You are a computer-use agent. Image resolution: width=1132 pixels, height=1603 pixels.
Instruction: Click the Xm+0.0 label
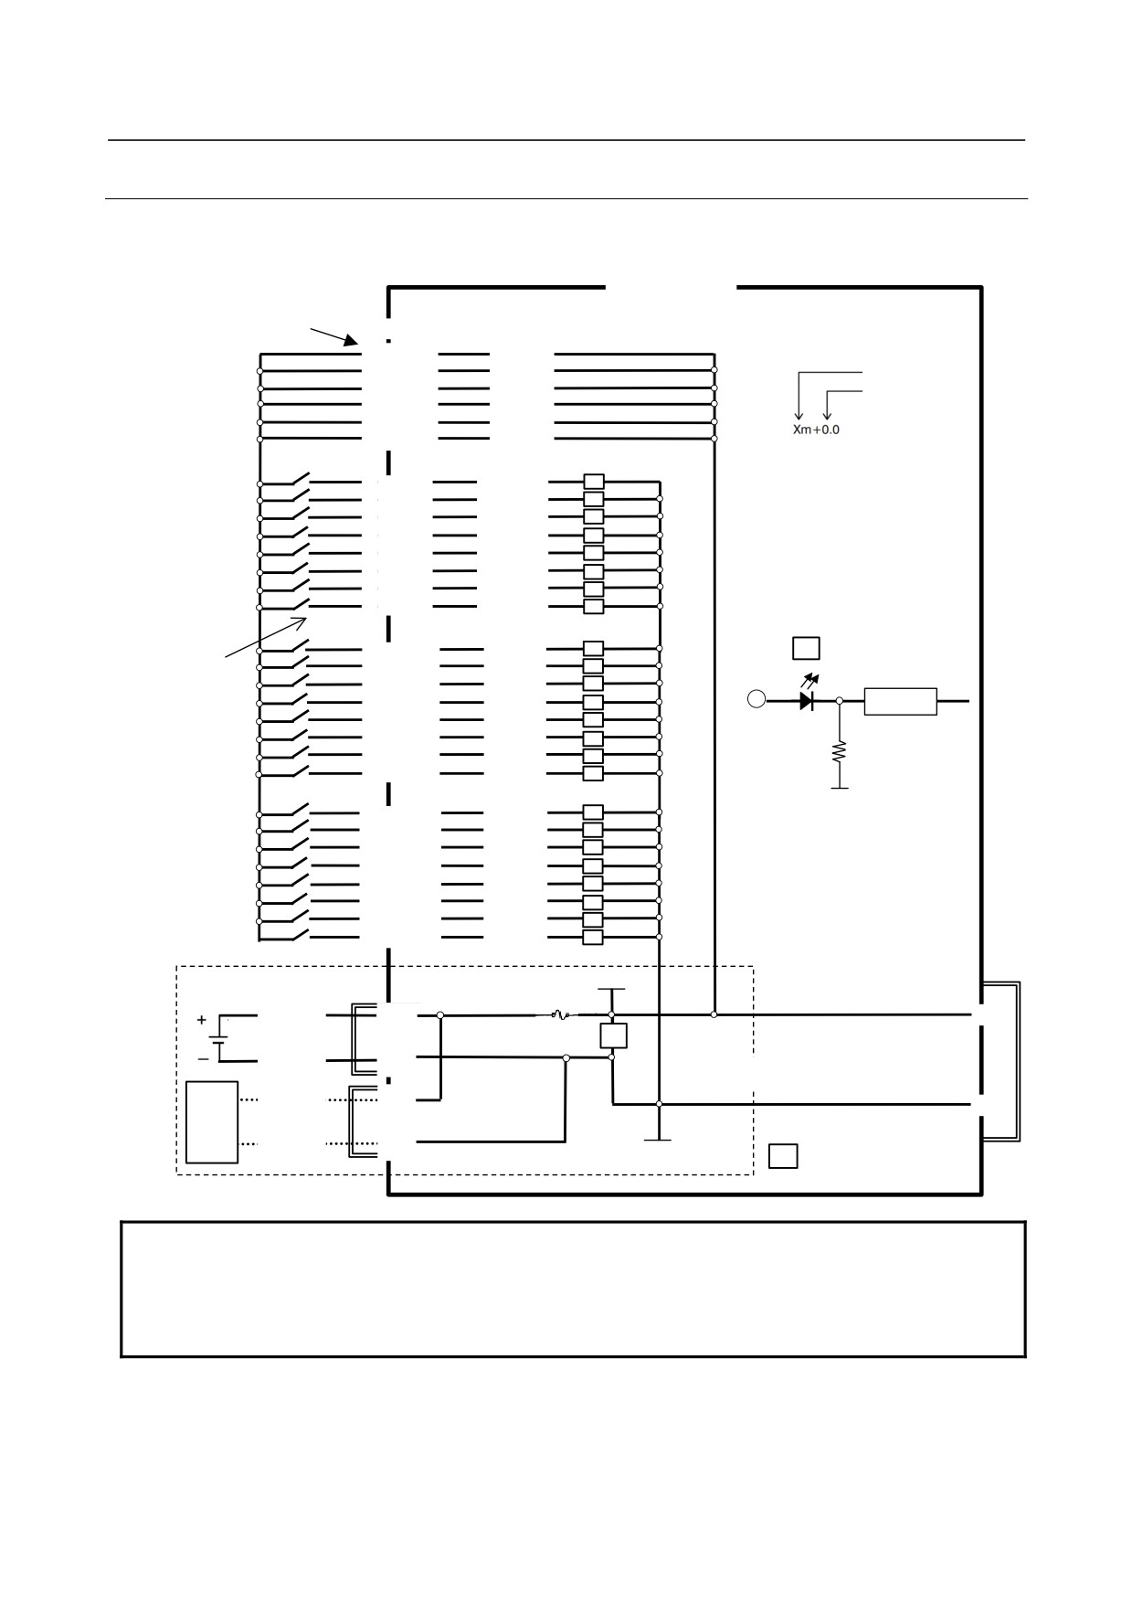(x=816, y=430)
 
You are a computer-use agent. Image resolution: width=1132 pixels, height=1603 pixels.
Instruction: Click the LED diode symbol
(x=806, y=701)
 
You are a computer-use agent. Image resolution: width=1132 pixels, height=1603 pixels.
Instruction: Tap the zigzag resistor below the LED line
(x=840, y=751)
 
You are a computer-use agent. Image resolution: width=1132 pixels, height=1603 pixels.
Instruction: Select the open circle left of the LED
(x=756, y=699)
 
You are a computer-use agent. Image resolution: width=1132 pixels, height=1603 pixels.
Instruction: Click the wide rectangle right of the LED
(x=900, y=701)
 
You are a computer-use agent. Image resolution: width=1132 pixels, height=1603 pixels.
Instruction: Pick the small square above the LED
(x=806, y=648)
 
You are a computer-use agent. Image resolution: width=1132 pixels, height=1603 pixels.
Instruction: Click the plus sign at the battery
(x=202, y=1020)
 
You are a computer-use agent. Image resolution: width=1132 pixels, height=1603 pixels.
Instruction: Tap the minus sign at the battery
(x=203, y=1059)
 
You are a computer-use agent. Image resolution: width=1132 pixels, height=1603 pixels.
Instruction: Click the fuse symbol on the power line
(x=560, y=1014)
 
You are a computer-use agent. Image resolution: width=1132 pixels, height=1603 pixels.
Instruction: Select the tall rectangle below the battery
(x=212, y=1122)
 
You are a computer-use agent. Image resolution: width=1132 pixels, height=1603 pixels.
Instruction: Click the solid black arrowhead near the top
(x=351, y=341)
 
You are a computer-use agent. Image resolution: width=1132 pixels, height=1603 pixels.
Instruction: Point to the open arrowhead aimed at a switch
(x=300, y=621)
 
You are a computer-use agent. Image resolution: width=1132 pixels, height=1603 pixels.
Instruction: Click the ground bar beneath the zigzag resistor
(x=840, y=788)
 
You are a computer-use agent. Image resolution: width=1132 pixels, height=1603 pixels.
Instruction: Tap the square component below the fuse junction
(x=613, y=1035)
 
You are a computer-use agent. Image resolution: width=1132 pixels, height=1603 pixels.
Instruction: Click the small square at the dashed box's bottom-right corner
(x=783, y=1156)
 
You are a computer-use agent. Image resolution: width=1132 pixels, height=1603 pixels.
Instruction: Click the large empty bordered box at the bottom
(x=573, y=1222)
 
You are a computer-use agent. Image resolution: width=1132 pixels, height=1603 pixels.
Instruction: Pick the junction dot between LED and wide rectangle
(x=840, y=701)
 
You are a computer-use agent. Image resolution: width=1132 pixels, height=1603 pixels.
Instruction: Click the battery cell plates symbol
(x=218, y=1039)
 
